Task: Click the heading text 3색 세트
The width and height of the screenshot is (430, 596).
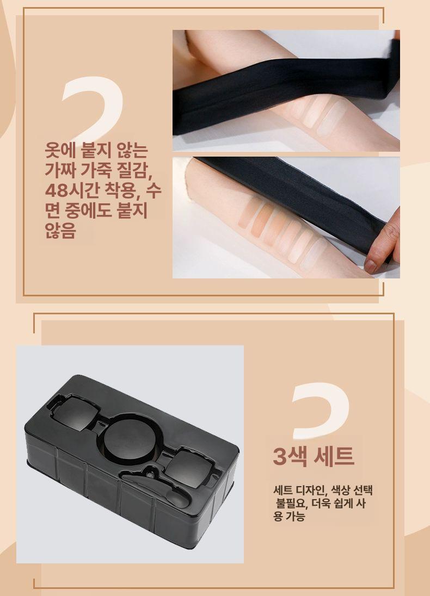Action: click(x=314, y=456)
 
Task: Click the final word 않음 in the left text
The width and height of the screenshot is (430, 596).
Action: click(x=60, y=230)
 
